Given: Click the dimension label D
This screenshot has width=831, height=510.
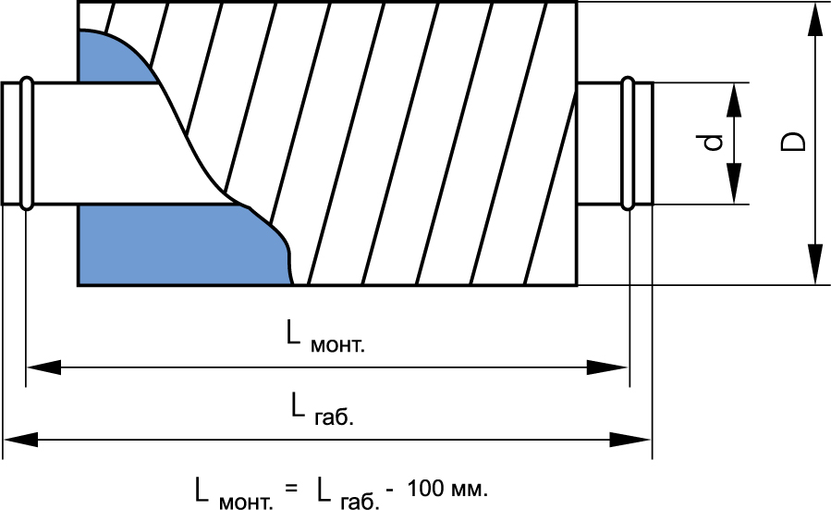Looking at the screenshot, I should click(x=793, y=142).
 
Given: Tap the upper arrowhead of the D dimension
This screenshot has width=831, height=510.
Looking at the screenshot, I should click(x=815, y=19).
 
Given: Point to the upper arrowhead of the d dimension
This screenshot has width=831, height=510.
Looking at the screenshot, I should click(x=734, y=98).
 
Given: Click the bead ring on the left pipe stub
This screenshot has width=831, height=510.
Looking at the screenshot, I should click(x=26, y=143).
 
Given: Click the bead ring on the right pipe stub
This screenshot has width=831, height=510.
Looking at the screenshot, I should click(x=629, y=143).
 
